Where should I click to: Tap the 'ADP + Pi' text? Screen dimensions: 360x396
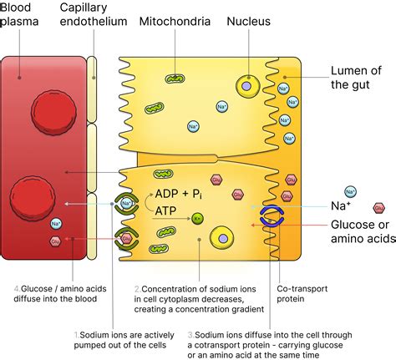(177, 173)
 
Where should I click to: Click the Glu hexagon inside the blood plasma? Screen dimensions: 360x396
(54, 241)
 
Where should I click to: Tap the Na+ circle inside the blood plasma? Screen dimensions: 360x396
(56, 223)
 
